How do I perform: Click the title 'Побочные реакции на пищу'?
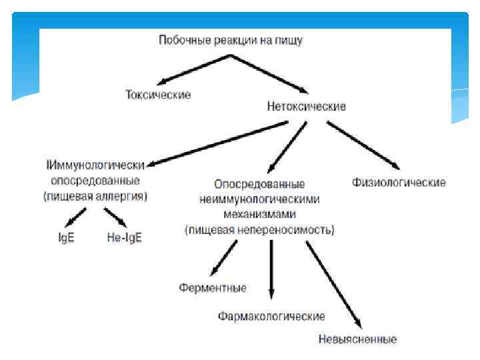click(230, 41)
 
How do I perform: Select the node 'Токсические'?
click(158, 95)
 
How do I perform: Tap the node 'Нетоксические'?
click(306, 107)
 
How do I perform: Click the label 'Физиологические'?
click(399, 183)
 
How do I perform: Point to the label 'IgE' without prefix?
click(66, 237)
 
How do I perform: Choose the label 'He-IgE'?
click(125, 237)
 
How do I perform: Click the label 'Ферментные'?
click(213, 288)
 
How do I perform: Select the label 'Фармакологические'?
click(271, 315)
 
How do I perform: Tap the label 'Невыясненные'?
click(357, 339)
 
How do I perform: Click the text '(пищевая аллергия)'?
click(95, 197)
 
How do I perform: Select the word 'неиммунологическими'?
click(259, 199)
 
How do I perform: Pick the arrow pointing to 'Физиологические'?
click(363, 145)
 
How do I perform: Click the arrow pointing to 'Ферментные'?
click(224, 258)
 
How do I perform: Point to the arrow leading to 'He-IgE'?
click(115, 217)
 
